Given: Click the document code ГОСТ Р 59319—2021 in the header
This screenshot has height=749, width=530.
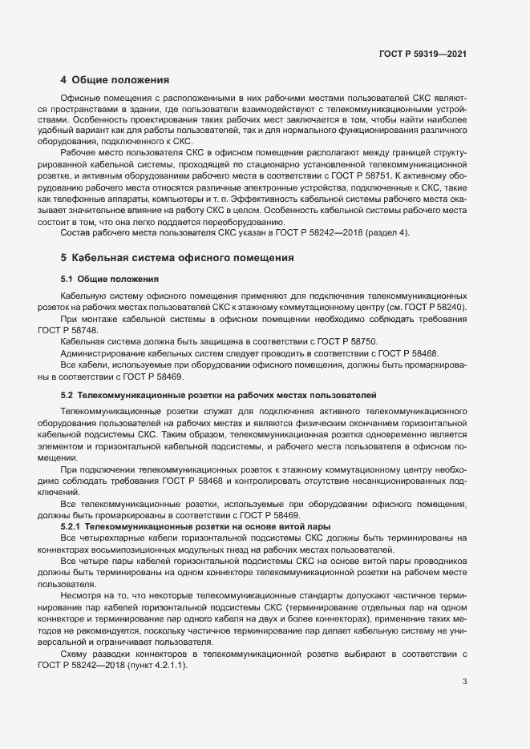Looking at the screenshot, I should pyautogui.click(x=423, y=54).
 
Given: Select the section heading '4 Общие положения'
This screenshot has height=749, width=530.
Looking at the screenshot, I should pyautogui.click(x=115, y=80).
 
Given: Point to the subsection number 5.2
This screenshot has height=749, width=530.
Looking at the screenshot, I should pyautogui.click(x=67, y=396).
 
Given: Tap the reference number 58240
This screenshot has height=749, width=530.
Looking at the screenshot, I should pyautogui.click(x=449, y=308).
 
